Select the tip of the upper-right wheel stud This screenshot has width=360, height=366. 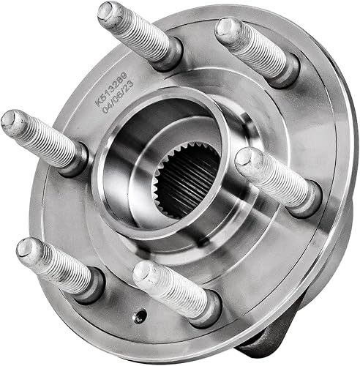coord(228,29)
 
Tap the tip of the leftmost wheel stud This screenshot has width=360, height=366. coord(12,122)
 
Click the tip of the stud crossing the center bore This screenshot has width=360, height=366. coord(248,161)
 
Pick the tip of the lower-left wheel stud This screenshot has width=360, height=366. coord(27,249)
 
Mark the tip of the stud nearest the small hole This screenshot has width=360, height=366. coord(143,274)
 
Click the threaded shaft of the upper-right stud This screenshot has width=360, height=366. coord(256,47)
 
